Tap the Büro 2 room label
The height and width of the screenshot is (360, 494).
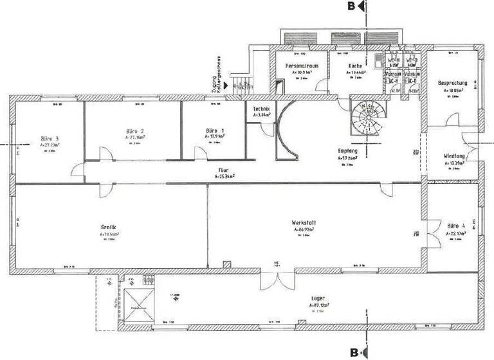pos(134,130)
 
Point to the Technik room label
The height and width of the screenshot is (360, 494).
pos(261,110)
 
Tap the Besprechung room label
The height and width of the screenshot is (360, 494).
pos(453,84)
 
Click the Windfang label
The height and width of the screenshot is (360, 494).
pos(455,156)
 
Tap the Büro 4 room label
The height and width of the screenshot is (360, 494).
pos(455,226)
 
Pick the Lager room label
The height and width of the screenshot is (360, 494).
pos(316,298)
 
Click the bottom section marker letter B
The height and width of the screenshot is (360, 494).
pos(353,352)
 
